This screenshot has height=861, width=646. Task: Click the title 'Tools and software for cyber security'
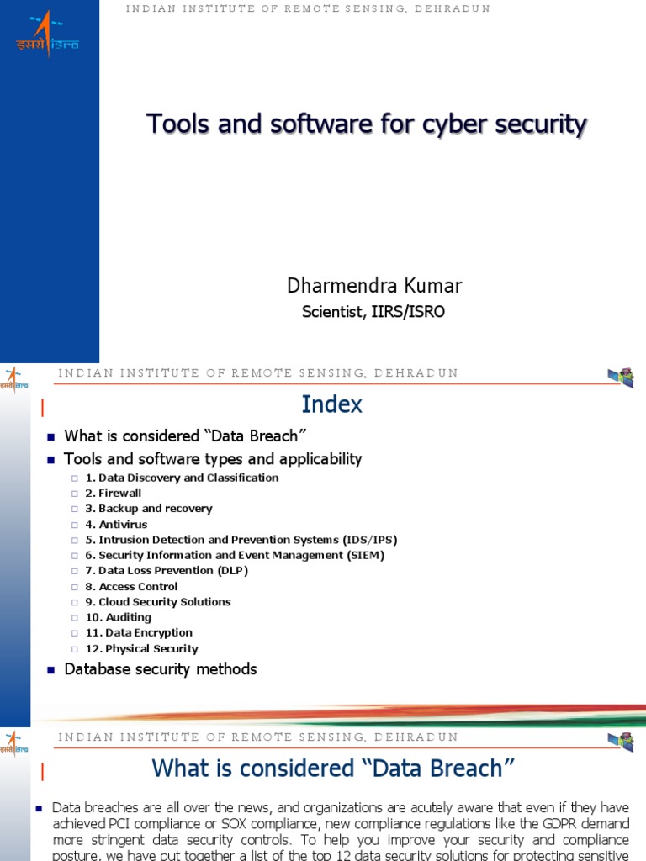[367, 124]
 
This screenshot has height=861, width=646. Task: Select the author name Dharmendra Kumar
[374, 286]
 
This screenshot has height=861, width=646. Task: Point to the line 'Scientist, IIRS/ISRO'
[373, 312]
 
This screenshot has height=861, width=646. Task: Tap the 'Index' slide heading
[332, 404]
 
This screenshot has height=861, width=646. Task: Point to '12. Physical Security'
[142, 649]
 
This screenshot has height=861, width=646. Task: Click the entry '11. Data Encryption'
[139, 633]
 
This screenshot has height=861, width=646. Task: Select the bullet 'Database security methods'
[161, 669]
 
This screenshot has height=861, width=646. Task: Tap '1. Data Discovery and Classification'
[183, 478]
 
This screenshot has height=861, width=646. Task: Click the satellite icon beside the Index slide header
[621, 378]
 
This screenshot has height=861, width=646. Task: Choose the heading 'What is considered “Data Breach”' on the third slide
[332, 769]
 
